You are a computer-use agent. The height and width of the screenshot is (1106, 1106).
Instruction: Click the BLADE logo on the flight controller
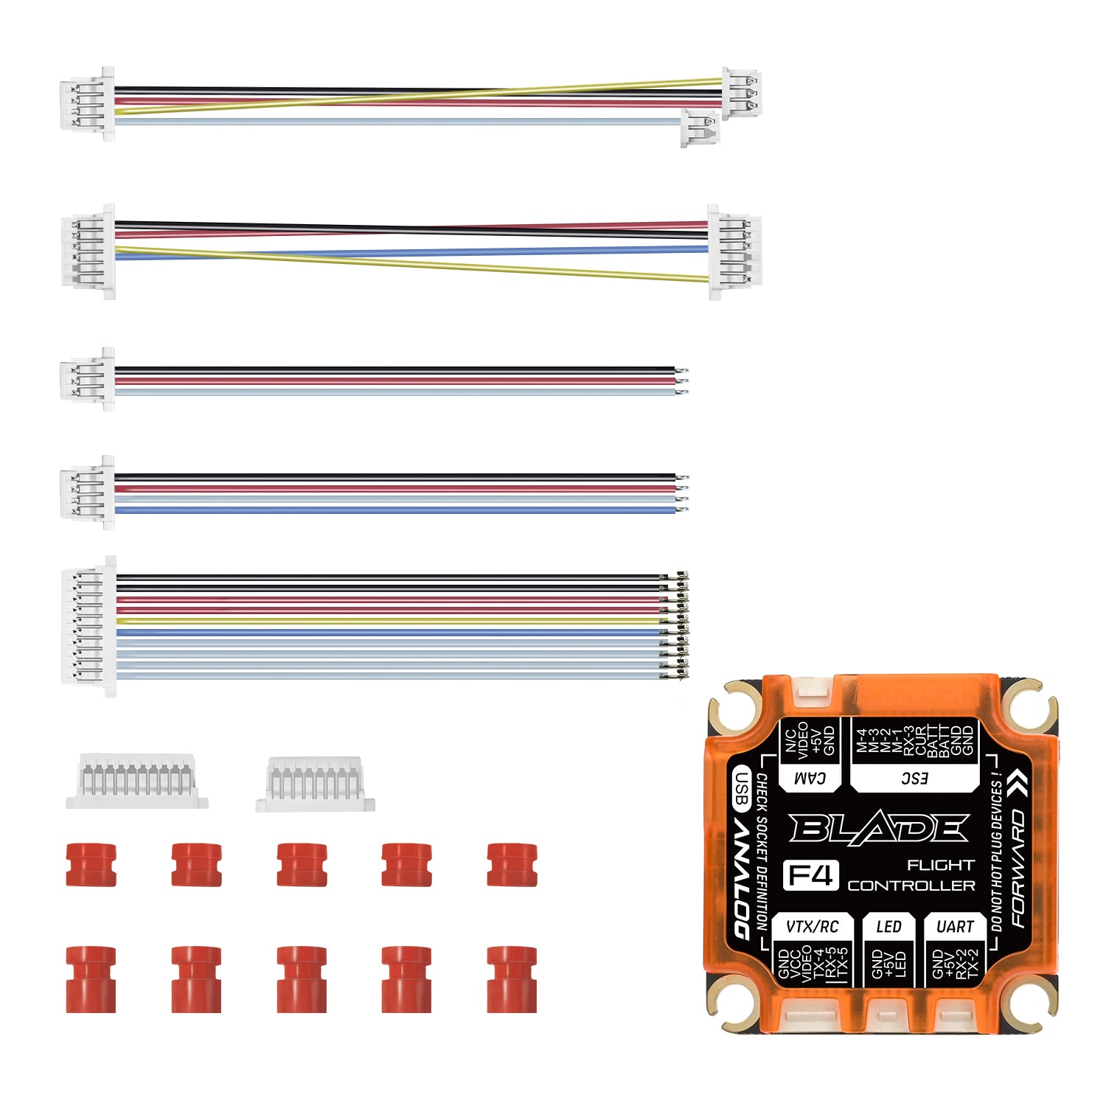click(877, 829)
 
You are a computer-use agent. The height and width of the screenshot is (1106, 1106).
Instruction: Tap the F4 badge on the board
click(810, 875)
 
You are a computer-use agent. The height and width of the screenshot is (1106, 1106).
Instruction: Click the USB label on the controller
click(742, 787)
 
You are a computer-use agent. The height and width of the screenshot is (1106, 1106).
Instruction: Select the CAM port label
click(809, 778)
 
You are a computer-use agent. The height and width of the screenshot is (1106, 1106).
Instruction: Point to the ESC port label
click(914, 778)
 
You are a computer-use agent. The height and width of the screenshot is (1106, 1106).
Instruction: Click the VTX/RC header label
click(812, 927)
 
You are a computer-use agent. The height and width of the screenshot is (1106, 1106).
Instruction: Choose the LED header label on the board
click(888, 927)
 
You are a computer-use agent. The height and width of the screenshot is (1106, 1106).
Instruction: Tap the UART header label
click(955, 927)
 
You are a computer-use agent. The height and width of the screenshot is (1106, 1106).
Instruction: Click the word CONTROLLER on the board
click(911, 886)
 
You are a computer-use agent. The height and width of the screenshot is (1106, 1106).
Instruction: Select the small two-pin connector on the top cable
click(699, 128)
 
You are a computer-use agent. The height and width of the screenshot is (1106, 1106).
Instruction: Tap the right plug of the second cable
click(734, 252)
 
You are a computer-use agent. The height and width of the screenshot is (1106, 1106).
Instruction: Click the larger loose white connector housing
click(137, 781)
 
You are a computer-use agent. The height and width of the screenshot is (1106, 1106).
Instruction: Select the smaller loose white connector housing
click(315, 784)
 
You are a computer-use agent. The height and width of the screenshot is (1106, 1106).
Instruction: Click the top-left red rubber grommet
click(91, 864)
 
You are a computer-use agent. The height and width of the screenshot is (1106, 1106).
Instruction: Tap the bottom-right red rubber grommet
click(512, 978)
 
